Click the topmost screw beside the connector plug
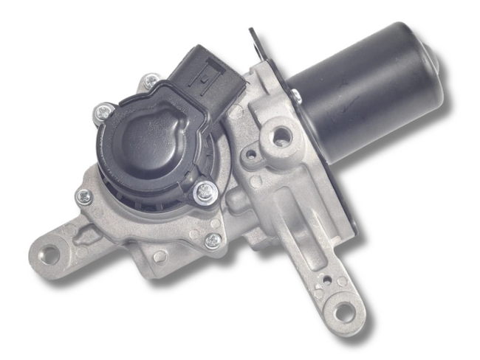[151, 80]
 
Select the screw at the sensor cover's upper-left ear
[103, 114]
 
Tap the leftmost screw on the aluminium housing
[84, 195]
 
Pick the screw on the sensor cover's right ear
[205, 193]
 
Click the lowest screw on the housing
[213, 240]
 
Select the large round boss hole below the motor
[281, 137]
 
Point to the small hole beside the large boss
[252, 156]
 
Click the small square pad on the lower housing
[160, 256]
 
